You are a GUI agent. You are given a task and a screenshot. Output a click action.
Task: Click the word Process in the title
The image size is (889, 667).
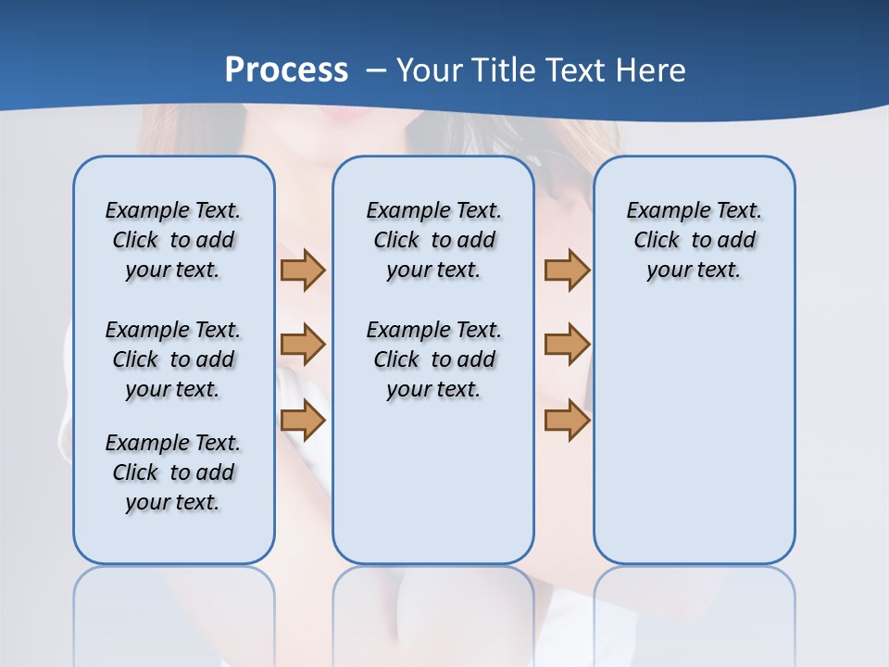coord(286,69)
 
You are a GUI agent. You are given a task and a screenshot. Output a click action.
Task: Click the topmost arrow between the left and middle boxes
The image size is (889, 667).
coord(303,271)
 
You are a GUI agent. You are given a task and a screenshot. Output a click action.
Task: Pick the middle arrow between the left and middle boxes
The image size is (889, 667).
coord(303,345)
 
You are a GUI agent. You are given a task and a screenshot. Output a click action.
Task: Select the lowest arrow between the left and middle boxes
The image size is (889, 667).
coord(303,420)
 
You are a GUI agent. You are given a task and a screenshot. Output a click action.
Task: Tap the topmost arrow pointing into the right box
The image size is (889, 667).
coord(567,271)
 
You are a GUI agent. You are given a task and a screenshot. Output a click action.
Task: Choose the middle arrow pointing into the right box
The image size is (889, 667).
coord(567,345)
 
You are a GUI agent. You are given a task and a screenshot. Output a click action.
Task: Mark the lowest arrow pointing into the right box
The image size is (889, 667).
coord(567,420)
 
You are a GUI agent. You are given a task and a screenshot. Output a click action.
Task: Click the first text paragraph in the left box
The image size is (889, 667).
coord(173,240)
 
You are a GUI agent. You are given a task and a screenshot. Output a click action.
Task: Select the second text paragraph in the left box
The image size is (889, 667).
coord(173,359)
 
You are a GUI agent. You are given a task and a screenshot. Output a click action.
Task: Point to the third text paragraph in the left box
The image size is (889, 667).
coord(173,472)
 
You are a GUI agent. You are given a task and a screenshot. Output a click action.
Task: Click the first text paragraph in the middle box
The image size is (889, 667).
coord(433,240)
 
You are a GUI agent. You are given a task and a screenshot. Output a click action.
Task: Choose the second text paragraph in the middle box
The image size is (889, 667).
coord(433,359)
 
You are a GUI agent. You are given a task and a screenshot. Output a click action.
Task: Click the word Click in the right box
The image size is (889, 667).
coord(657,240)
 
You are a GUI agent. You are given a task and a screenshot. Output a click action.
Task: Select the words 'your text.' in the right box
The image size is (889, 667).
coord(694,270)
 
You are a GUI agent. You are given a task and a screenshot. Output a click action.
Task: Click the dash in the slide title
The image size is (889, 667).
coord(376,70)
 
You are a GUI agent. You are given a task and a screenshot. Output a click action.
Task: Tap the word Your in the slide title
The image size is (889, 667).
coord(429,69)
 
